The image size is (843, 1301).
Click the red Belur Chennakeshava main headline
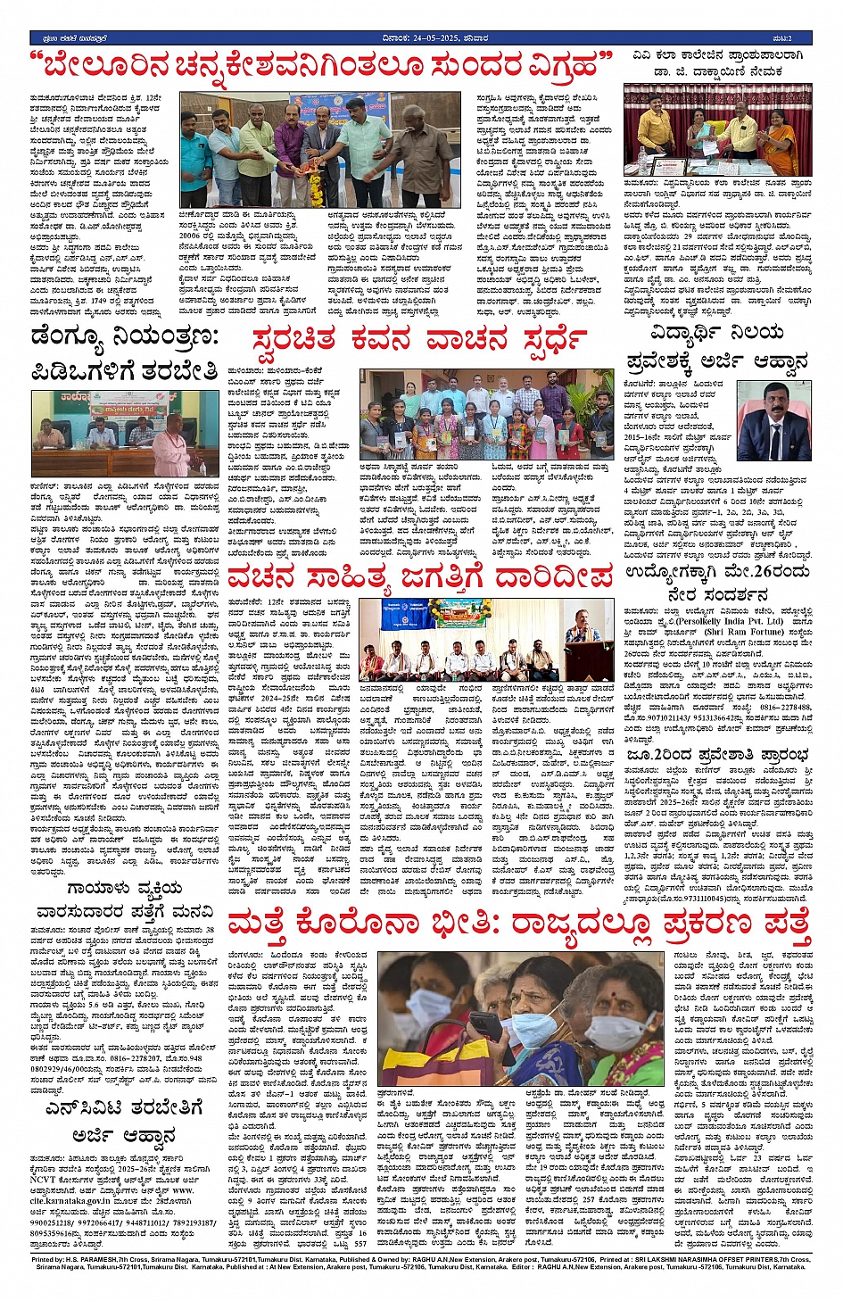click(x=321, y=66)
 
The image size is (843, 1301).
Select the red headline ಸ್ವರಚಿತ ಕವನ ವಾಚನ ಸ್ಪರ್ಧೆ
click(x=419, y=341)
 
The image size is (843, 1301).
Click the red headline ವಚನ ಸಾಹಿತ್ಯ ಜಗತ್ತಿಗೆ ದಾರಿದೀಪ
click(x=419, y=578)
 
